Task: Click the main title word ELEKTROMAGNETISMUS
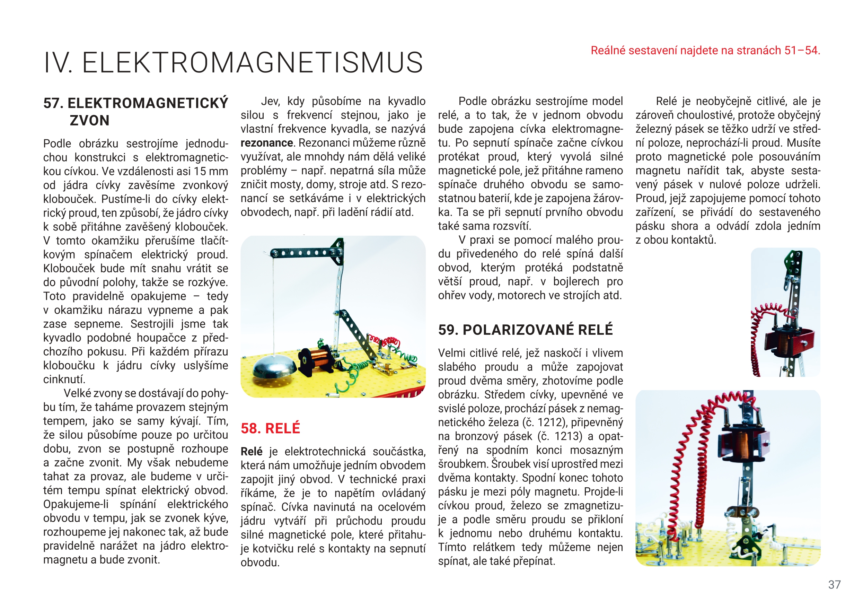coord(253,62)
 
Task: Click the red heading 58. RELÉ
coord(270,428)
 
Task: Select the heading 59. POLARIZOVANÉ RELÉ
coord(525,330)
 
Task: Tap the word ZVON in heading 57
coord(89,121)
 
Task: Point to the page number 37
coord(834,584)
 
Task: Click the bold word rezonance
coord(266,143)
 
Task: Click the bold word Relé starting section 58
coord(252,452)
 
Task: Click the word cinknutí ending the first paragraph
coord(64,380)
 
